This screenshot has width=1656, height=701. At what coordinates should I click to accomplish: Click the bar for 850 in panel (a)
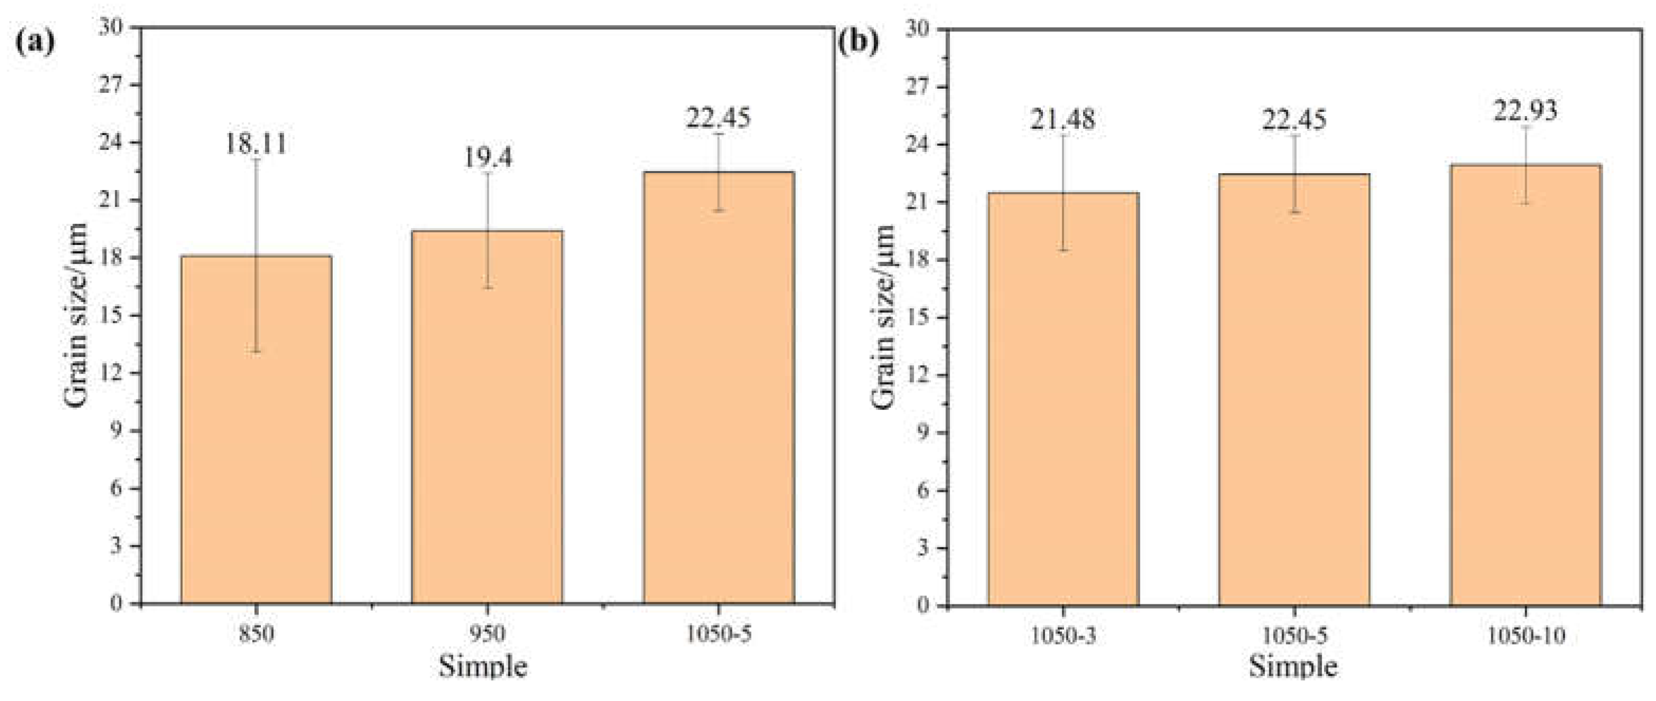tap(256, 431)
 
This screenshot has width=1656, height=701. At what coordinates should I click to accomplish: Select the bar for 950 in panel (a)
tap(487, 418)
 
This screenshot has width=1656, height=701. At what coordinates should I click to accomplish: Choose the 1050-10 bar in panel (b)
tap(1525, 385)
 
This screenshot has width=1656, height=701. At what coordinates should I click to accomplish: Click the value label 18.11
tap(256, 143)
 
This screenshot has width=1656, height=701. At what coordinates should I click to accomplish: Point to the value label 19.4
tap(488, 157)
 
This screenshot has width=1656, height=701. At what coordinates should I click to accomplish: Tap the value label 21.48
tap(1064, 119)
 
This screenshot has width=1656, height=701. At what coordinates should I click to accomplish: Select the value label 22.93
tap(1525, 110)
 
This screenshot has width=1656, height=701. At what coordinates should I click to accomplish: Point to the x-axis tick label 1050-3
tap(1064, 636)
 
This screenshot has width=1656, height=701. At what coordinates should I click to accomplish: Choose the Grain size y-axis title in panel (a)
tap(76, 315)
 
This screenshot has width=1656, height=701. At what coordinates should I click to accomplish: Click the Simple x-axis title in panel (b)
tap(1293, 666)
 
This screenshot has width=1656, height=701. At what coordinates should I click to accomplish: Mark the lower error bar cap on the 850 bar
tap(256, 352)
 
